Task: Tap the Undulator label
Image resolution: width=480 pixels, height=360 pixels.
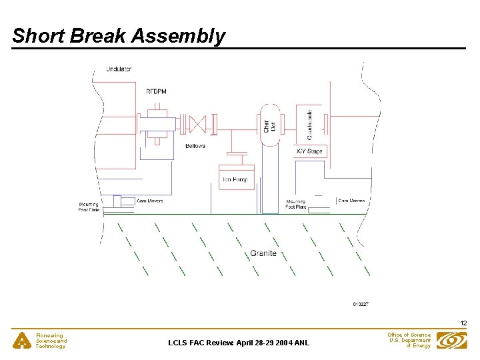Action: [119, 69]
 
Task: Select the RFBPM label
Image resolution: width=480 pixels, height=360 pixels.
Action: [157, 91]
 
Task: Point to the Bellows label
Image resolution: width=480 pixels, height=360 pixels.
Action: [195, 145]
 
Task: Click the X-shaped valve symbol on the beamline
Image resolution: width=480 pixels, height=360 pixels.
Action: [197, 123]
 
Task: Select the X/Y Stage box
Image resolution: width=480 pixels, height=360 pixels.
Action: [309, 151]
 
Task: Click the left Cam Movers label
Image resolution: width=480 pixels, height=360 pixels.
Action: [149, 201]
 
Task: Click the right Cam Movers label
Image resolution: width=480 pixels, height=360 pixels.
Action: [351, 201]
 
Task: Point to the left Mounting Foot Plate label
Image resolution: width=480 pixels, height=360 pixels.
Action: [89, 207]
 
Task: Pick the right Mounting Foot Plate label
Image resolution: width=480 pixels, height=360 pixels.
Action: [296, 204]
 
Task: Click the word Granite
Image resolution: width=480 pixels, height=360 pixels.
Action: [263, 253]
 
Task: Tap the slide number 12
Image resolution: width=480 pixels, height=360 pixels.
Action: [463, 323]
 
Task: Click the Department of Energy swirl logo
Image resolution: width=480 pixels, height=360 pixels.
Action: [451, 340]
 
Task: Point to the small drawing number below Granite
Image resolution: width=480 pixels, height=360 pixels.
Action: [361, 304]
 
